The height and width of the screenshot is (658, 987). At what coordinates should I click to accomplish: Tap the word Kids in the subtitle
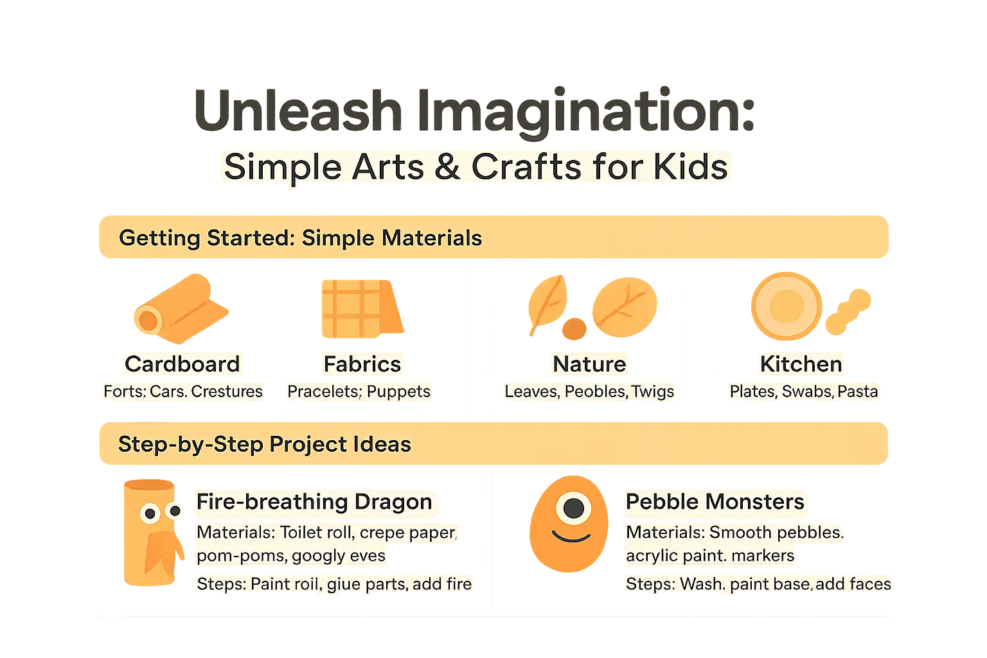point(690,167)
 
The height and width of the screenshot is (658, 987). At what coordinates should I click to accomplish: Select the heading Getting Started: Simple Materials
point(300,238)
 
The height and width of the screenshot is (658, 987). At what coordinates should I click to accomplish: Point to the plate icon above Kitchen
point(785,306)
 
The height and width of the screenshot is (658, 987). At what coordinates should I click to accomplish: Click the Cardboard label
point(182,364)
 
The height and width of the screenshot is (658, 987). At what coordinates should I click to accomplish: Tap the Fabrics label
point(362,364)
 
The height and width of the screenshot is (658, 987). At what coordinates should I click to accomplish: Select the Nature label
point(589,364)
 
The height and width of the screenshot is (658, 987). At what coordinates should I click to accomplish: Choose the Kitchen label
point(801,364)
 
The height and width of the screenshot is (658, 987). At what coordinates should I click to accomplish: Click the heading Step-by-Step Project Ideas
point(264,445)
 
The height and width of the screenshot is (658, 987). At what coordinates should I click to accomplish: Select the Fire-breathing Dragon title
point(314,502)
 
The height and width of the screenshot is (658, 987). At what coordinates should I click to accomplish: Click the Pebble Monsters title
point(715,502)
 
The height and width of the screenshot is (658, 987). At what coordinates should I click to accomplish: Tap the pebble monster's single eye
point(573,509)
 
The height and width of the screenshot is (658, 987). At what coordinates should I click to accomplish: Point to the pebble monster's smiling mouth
point(571,536)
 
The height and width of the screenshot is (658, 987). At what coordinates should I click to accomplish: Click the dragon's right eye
point(174,511)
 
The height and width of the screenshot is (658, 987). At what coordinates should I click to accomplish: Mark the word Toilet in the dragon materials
point(302,533)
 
